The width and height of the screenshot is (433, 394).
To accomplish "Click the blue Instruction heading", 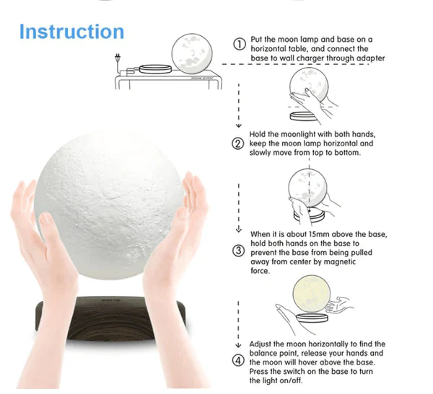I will [71, 32].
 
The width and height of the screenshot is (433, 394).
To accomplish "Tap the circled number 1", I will [239, 45].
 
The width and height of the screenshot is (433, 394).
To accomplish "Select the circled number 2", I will [237, 143].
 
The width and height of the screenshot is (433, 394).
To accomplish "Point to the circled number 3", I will [237, 251].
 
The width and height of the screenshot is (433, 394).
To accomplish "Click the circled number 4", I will [237, 360].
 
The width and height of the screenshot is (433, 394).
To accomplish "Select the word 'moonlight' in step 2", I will [295, 135].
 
